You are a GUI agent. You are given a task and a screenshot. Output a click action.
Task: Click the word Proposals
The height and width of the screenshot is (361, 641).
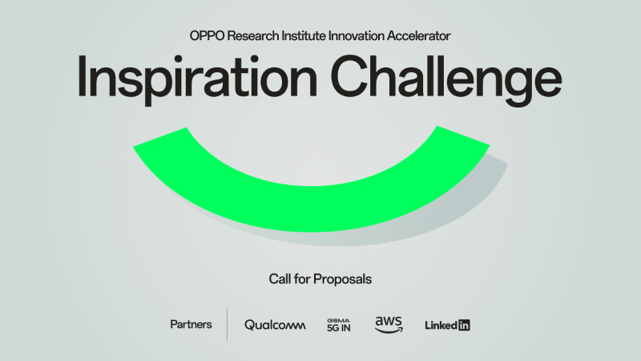(x=343, y=280)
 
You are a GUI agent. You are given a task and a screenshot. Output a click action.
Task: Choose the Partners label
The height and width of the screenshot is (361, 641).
(x=191, y=324)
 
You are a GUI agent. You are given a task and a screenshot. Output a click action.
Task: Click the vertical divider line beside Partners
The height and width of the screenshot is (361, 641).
(x=228, y=324)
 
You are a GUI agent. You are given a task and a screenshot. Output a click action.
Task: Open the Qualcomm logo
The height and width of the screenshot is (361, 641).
(x=275, y=325)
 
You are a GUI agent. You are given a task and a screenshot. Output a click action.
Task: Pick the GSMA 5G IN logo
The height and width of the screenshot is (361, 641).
(x=340, y=324)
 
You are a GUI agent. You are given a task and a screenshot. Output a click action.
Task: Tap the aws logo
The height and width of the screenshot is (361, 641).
(x=389, y=324)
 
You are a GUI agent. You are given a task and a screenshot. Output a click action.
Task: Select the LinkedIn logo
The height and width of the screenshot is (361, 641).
(x=447, y=325)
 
